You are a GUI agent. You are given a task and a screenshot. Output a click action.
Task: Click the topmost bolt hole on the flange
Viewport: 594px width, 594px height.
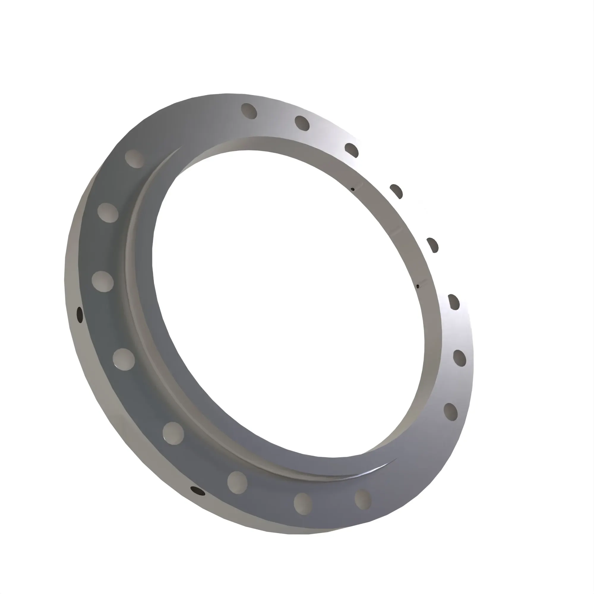click(x=249, y=111)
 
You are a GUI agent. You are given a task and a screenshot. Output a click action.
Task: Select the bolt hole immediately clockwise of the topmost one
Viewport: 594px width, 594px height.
click(x=302, y=123)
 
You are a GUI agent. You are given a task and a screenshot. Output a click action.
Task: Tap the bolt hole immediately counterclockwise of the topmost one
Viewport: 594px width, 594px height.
click(x=135, y=159)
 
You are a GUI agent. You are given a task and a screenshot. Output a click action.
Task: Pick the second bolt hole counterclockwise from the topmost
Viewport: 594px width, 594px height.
click(x=108, y=212)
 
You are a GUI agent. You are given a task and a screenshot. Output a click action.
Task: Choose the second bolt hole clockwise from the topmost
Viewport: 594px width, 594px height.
click(x=351, y=150)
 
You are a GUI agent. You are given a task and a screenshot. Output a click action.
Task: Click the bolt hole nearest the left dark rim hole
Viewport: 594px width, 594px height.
click(x=103, y=281)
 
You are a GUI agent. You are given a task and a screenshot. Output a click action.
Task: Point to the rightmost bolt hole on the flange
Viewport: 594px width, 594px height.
click(x=460, y=358)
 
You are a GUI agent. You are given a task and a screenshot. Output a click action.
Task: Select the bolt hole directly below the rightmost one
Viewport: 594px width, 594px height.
click(x=451, y=412)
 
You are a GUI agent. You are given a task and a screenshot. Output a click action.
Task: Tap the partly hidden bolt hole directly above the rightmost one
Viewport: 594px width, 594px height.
click(x=454, y=302)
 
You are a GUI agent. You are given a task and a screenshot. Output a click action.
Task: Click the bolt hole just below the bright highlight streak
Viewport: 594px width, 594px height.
click(x=363, y=499)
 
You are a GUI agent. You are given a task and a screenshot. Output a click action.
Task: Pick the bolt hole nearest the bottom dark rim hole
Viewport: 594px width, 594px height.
click(x=237, y=482)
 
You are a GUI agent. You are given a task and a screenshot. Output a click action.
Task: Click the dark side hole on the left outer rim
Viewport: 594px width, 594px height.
click(x=80, y=315)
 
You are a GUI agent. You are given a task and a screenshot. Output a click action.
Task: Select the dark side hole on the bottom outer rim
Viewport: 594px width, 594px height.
click(x=198, y=491)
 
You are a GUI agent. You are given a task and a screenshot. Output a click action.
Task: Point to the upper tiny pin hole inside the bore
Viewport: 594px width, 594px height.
click(x=353, y=189)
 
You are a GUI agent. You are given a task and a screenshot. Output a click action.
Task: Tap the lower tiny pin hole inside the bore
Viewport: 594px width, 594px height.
click(x=418, y=287)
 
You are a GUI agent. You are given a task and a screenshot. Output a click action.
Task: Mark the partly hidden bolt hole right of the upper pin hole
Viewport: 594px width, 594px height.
click(x=396, y=191)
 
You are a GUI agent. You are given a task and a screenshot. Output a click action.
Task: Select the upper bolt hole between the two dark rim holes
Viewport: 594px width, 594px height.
click(x=124, y=359)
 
